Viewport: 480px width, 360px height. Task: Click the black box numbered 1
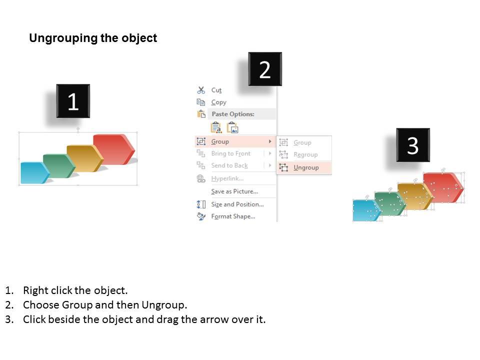tap(73, 101)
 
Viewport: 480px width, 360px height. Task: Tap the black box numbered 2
tap(265, 69)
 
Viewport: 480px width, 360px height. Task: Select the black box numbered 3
tap(413, 145)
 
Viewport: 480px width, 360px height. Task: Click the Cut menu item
tap(216, 90)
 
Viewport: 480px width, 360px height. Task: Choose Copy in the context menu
tap(218, 102)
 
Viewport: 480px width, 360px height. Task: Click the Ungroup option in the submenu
tap(306, 167)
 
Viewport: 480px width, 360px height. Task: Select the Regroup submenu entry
tap(305, 154)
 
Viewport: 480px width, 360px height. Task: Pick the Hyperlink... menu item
tap(227, 178)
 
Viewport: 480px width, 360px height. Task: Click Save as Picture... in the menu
tap(234, 191)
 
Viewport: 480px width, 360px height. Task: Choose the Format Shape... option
tap(233, 216)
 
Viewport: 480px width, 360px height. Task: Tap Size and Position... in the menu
tap(237, 204)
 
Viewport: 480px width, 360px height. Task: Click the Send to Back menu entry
tap(229, 165)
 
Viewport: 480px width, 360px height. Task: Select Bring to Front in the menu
tap(230, 153)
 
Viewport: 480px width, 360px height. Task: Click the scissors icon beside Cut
tap(201, 90)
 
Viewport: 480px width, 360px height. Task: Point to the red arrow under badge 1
tap(114, 149)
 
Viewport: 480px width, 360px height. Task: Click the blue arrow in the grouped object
tap(34, 172)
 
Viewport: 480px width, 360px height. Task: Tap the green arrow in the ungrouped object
tap(390, 203)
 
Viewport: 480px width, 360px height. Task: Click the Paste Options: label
tap(233, 114)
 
